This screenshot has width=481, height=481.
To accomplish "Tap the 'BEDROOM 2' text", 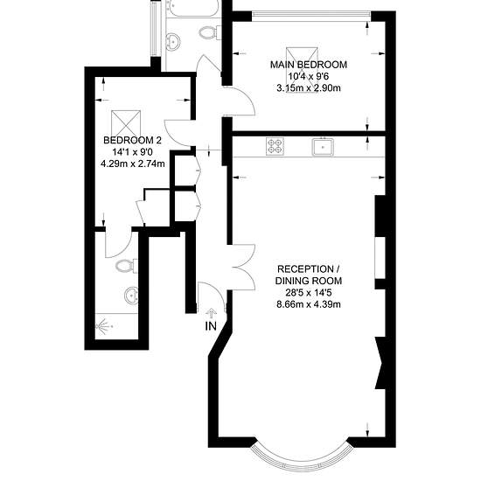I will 132,141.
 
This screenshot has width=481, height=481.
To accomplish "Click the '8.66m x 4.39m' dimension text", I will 308,304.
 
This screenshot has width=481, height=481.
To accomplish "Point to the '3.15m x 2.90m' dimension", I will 307,89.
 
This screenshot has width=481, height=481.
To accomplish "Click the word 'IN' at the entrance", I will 210,326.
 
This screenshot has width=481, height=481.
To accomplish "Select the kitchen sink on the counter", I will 324,147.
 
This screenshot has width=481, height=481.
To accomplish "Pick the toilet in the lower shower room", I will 124,263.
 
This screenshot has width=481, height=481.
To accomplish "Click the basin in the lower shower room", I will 130,294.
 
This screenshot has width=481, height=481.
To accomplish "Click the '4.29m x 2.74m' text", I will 132,164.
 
